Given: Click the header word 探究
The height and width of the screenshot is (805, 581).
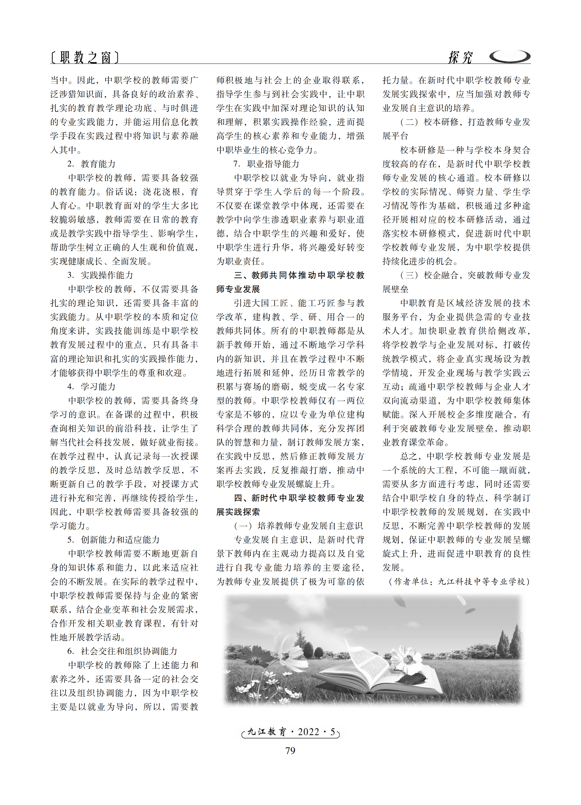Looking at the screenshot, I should click(460, 57).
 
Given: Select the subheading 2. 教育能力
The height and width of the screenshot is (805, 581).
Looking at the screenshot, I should click(91, 164).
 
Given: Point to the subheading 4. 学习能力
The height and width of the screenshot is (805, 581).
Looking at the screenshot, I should click(91, 387).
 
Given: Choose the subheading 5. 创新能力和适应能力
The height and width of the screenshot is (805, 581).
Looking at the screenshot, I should click(113, 540).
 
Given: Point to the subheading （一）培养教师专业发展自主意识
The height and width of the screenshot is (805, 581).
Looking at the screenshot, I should click(298, 526).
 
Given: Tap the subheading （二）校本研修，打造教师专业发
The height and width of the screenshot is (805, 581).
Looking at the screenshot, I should click(465, 122).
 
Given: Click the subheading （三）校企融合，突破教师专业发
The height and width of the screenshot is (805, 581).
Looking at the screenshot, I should click(465, 275).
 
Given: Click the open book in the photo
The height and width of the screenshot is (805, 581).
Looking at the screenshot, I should click(383, 671).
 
